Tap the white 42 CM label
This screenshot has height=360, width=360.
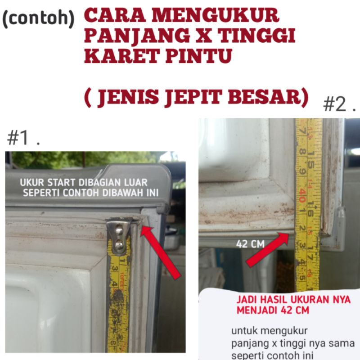[x=250, y=244]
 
